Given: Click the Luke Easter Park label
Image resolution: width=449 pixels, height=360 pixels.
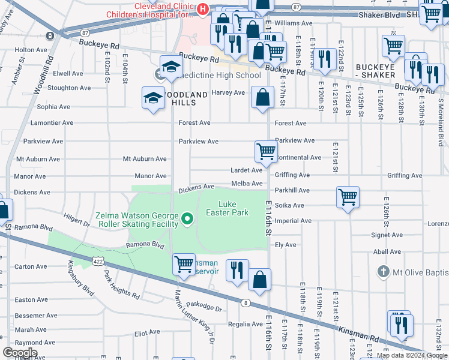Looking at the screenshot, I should coord(227,208).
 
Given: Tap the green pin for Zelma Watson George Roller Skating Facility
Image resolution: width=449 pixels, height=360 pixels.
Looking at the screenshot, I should coord(187,219).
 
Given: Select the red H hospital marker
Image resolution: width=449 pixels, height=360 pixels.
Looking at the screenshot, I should coord(203,8).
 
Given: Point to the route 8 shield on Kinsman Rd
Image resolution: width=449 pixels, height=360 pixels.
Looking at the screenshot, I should coord(246,303).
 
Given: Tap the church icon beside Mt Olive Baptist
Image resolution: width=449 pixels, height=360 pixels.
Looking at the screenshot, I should coord(383,272).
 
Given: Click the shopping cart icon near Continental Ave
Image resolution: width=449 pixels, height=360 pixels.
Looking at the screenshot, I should coord(265,152).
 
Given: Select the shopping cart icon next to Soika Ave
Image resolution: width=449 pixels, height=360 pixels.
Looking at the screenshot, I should coord(348,197).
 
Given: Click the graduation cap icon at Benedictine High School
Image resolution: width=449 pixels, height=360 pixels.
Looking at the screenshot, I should coord(170,67).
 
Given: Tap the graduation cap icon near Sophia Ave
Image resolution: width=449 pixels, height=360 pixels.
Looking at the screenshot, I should coord(153,97).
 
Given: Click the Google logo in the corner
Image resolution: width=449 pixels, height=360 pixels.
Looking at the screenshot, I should coord(20,353).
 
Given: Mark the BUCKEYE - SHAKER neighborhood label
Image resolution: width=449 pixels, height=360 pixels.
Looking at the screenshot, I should coord(383,71).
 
